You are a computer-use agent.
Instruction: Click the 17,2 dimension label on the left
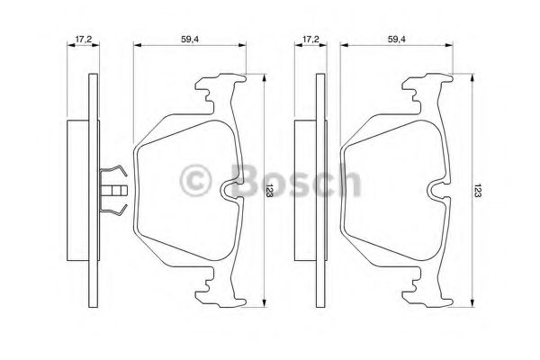[x=84, y=40]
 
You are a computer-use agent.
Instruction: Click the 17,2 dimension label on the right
[x=310, y=40]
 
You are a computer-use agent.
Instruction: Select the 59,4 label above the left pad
[x=190, y=40]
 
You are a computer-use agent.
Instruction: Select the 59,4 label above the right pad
[x=397, y=40]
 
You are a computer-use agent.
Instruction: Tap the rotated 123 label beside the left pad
[x=269, y=190]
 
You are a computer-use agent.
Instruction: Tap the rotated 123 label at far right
[x=476, y=190]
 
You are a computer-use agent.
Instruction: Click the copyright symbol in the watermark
[x=195, y=180]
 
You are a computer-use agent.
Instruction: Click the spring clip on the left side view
[x=113, y=190]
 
